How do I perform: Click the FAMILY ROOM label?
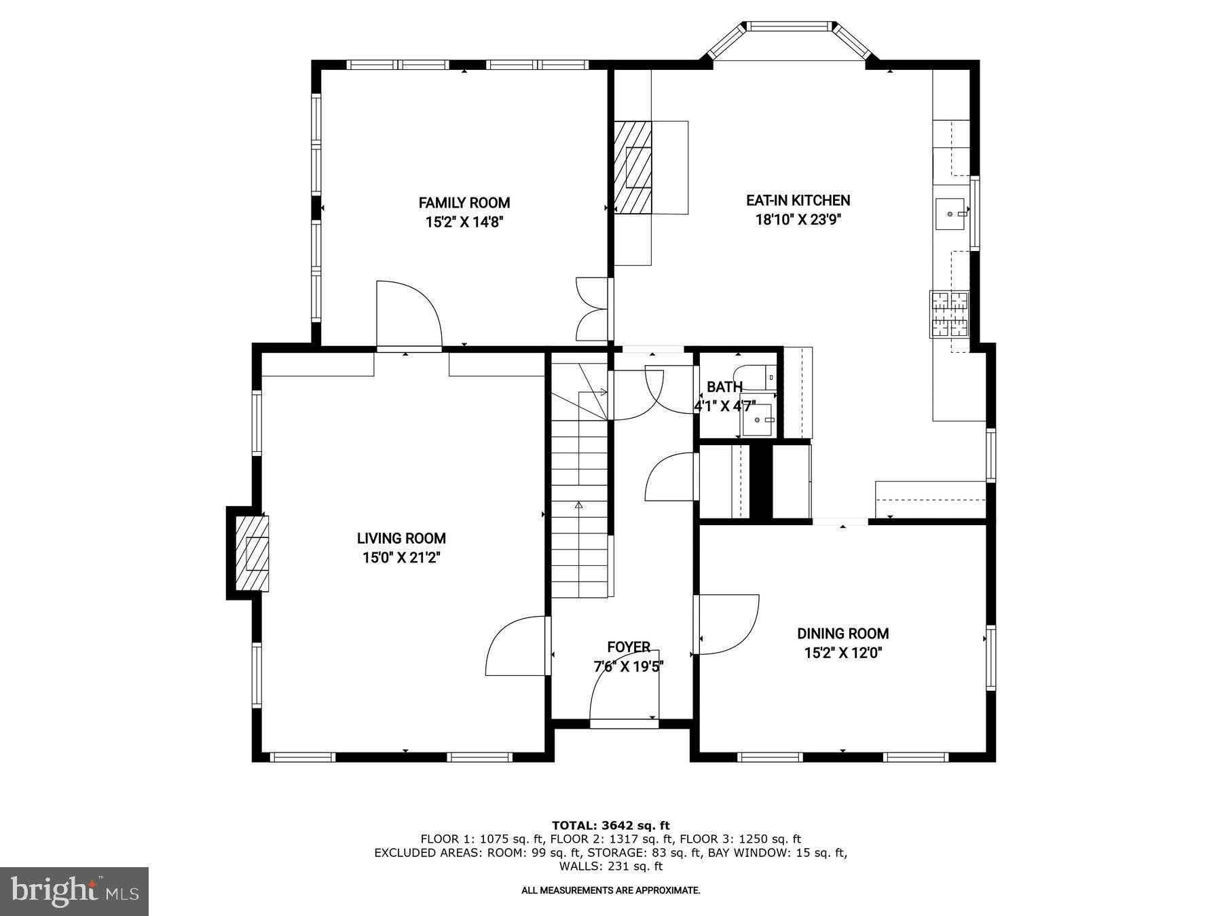point(464,202)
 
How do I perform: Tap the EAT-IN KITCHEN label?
point(798,200)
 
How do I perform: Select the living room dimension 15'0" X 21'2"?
point(401,558)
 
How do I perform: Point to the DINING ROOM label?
point(843,633)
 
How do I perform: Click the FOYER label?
point(629,647)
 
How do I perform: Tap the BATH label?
point(724,387)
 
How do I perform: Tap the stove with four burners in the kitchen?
point(949,314)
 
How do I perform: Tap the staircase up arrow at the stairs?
point(579,505)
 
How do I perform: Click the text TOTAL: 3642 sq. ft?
point(610,825)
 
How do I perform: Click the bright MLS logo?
point(74,891)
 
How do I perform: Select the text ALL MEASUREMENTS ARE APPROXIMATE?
point(610,890)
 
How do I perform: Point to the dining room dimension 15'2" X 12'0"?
point(843,653)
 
